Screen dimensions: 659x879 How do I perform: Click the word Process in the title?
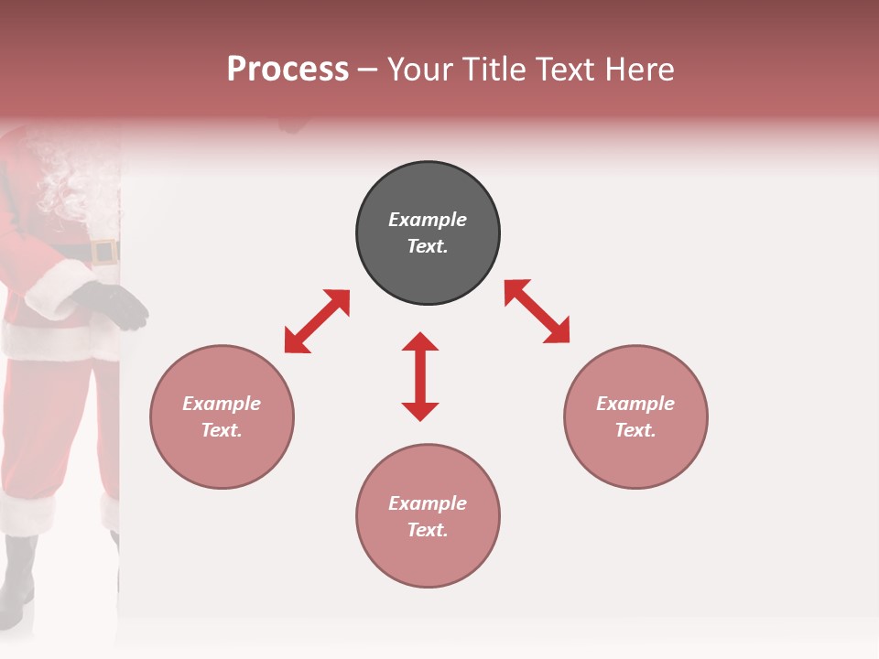(288, 70)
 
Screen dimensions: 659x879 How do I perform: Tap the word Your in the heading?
(421, 70)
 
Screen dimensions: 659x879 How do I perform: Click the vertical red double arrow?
(420, 376)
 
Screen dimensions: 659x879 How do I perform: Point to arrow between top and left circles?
(317, 321)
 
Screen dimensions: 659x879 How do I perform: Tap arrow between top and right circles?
(537, 311)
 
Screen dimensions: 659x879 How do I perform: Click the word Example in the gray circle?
(428, 220)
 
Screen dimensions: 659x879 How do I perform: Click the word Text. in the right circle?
(635, 430)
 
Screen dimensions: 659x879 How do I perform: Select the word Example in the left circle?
(222, 404)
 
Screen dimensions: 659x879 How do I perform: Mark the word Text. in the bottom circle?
(428, 530)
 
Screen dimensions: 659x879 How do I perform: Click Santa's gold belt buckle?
(103, 252)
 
